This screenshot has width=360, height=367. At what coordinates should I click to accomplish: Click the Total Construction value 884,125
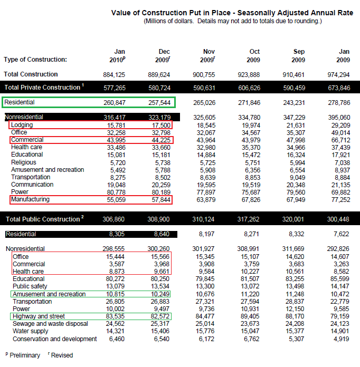coord(114,74)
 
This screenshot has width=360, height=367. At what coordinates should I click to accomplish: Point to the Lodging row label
coord(23,125)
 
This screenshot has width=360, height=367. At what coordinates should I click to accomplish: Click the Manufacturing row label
coord(30,199)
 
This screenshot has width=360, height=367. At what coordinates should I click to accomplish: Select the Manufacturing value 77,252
coord(338,199)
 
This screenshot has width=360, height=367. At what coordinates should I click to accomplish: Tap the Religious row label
coord(24,162)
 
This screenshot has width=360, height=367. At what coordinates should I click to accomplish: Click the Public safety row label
coord(30,286)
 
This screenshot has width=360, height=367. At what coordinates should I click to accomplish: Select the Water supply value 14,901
coord(338,331)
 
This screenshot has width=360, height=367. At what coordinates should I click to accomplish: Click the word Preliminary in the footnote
coord(25,355)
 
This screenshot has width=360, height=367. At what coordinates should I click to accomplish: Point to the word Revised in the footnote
coord(62,355)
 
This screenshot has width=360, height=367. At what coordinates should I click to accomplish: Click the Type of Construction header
coord(35,60)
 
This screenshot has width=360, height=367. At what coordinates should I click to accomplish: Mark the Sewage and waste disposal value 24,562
coord(115,324)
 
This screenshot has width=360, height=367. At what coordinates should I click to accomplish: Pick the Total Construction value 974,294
coord(338,74)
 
